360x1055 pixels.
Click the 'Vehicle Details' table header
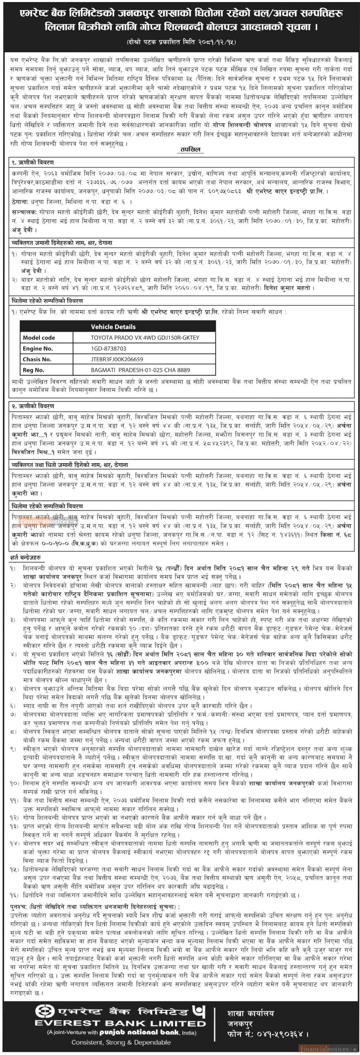pyautogui.click(x=113, y=326)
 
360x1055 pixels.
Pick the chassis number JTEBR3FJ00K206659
pyautogui.click(x=117, y=359)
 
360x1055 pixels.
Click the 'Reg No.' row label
pyautogui.click(x=34, y=370)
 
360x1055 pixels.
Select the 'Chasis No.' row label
pyautogui.click(x=37, y=359)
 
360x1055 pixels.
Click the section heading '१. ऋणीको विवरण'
pyautogui.click(x=33, y=163)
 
